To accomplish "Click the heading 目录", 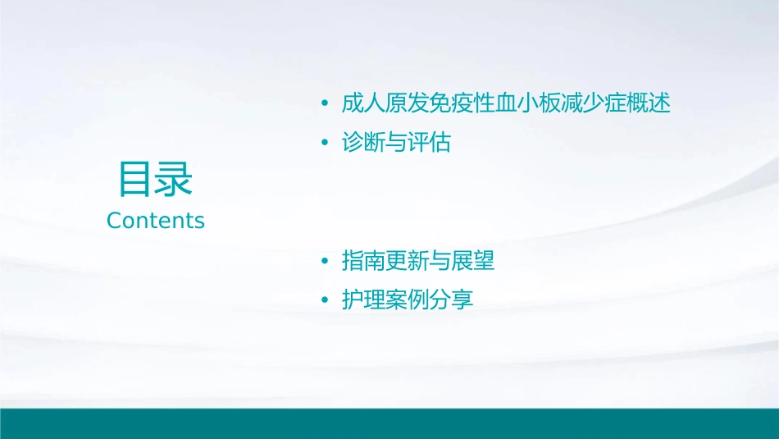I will point(155,180).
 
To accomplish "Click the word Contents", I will point(156,221).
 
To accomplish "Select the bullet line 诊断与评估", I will point(396,144).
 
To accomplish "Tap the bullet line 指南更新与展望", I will point(418,262).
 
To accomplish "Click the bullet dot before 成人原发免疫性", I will point(325,105).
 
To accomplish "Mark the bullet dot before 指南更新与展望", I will point(325,263).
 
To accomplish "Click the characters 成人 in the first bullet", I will point(363,104).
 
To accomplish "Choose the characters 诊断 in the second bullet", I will point(363,144).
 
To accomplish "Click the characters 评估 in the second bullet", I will point(429,144).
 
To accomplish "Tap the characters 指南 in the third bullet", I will point(363,262).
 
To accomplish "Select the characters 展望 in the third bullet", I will point(473,262).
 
